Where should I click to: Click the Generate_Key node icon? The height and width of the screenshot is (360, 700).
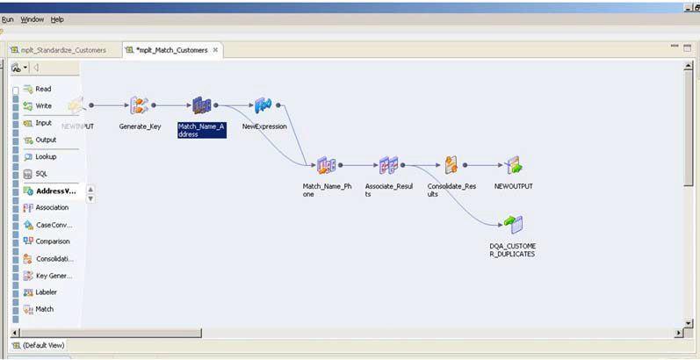point(139,105)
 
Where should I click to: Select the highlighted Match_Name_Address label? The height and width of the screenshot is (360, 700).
point(201,130)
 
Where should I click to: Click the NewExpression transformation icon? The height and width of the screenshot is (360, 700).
point(263,105)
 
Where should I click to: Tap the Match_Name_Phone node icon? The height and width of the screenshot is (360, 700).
point(326,165)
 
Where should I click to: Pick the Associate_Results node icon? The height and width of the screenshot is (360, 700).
point(388,165)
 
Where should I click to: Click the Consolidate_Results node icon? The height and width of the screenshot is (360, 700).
point(451,165)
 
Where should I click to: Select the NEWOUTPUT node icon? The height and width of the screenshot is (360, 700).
point(514,165)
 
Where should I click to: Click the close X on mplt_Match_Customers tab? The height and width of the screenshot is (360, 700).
point(216,50)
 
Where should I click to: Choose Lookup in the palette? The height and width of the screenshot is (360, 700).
point(46,156)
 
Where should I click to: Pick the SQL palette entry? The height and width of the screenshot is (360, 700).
point(41,173)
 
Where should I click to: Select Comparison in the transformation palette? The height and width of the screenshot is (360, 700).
point(52,241)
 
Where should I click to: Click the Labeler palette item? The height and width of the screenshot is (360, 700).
point(47,292)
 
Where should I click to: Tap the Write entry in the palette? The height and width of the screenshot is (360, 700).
point(43,105)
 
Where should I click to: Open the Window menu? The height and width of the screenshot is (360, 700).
point(32,19)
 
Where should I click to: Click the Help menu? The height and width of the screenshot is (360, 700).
point(57,19)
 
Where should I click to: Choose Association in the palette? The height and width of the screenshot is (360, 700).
point(52,207)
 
